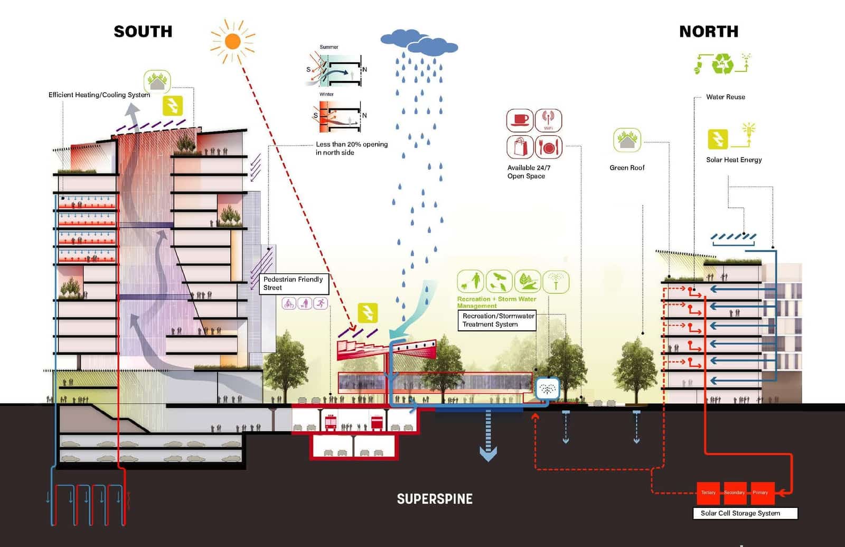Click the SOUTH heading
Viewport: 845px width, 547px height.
coord(143,32)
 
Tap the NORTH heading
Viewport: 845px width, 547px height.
coord(709,32)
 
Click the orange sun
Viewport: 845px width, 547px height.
coord(232,41)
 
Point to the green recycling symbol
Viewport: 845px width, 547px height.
coord(722,64)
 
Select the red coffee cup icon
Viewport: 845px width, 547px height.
coord(520,120)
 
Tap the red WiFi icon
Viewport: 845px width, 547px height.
coord(548,120)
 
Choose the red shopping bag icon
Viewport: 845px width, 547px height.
coord(520,146)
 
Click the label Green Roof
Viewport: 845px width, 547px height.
coord(627,168)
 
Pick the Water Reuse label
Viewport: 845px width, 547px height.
coord(726,97)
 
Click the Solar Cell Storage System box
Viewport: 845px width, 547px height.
coord(745,513)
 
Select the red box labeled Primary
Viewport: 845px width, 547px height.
coord(760,493)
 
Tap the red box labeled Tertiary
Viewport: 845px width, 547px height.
coord(709,493)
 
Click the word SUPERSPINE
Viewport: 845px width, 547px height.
coord(435,499)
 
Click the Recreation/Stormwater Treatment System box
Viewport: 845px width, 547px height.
coord(496,320)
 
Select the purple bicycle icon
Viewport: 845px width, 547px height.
coord(289,303)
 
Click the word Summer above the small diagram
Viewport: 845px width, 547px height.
coord(328,47)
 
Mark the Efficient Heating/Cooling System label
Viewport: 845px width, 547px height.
coord(99,95)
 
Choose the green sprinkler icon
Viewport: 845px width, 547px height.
coord(556,282)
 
